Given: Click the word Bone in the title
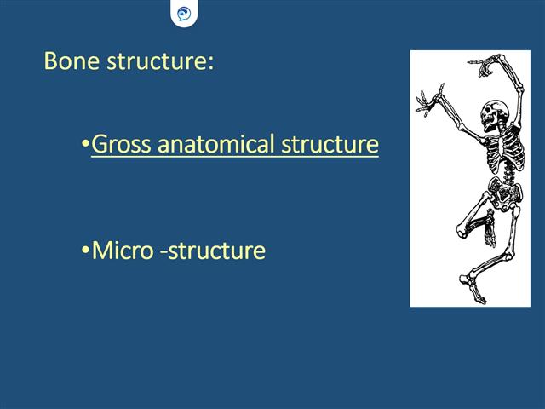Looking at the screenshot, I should click(x=66, y=62).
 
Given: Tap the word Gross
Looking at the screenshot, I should click(x=118, y=145).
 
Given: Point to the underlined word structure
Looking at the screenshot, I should click(x=329, y=145).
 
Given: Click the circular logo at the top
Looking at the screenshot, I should click(x=184, y=14).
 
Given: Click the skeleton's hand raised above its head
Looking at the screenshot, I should click(x=488, y=64).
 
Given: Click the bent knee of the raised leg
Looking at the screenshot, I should click(x=462, y=228).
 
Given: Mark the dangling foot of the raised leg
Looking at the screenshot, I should click(x=490, y=230).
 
